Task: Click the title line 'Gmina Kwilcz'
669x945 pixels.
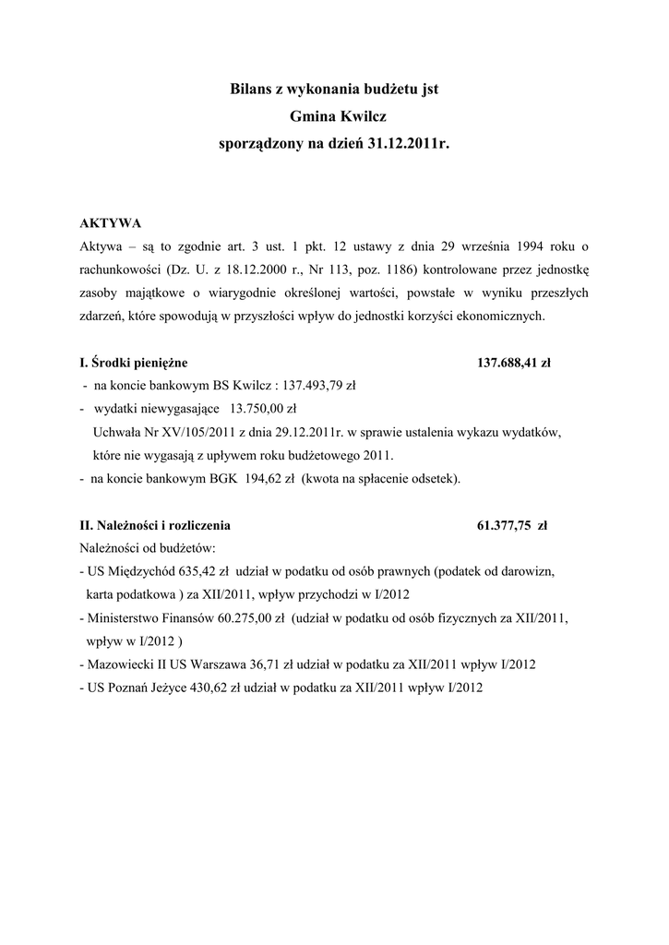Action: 334,117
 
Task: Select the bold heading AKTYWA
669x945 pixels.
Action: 110,223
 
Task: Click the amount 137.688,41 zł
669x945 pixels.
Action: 513,363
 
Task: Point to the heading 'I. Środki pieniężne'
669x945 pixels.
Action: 135,363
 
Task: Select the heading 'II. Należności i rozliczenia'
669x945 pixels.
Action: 156,526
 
